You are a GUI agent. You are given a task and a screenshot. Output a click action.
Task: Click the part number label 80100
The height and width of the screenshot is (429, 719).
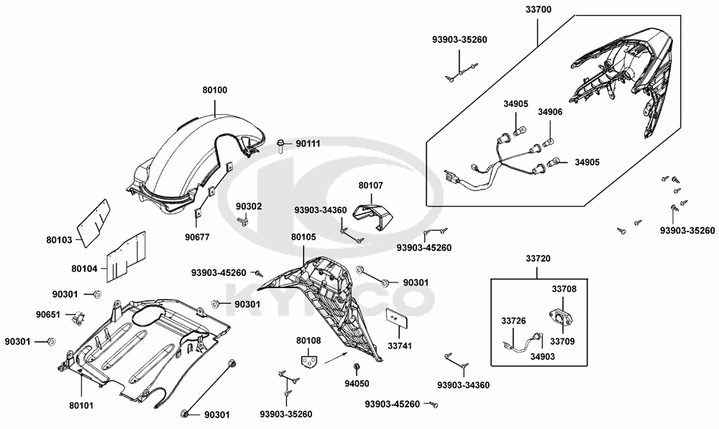[x=214, y=91]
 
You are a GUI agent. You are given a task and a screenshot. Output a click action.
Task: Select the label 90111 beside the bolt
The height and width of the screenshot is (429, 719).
[x=309, y=144]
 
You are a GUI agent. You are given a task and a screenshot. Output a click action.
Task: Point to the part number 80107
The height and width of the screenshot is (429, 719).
[x=371, y=185]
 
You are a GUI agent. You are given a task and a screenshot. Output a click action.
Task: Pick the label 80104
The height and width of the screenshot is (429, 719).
[x=84, y=268]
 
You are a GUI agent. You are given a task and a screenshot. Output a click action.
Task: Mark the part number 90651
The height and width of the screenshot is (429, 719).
[x=49, y=315]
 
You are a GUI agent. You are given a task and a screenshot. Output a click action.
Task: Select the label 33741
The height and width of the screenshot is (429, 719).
[x=400, y=346]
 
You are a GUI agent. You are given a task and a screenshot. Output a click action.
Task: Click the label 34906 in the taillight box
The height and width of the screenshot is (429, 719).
[x=550, y=112]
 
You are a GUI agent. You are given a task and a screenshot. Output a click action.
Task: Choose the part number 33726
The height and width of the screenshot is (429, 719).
[x=513, y=320]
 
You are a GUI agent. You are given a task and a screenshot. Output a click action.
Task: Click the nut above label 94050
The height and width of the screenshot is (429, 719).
[x=356, y=368]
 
